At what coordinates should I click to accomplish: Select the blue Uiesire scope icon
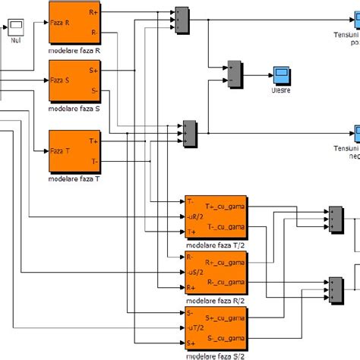280,74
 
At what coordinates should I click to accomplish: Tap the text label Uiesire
280,89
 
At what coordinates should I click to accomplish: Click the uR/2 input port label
194,216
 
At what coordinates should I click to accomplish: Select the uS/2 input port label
194,271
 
